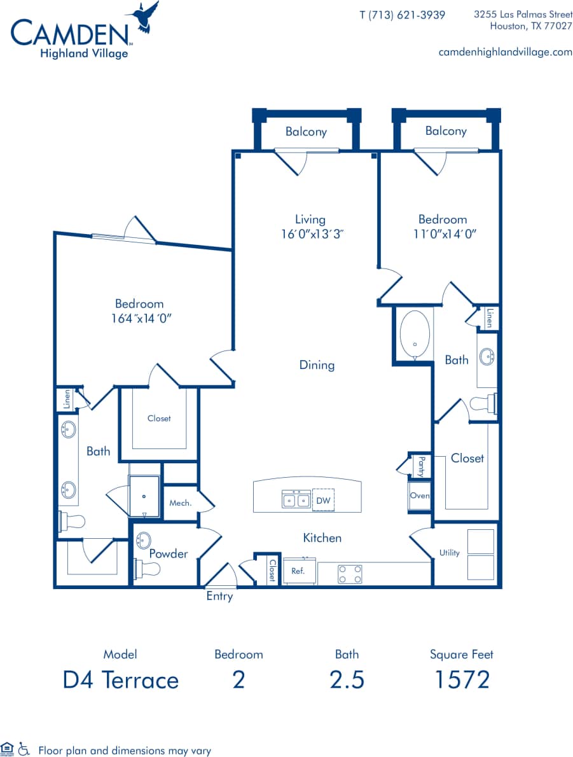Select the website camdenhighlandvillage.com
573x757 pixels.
(x=505, y=52)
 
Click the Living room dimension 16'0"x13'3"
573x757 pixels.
(x=310, y=233)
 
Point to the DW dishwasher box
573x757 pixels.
(x=324, y=501)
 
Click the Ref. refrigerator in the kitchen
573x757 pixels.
(x=298, y=571)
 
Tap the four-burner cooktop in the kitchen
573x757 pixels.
(x=349, y=574)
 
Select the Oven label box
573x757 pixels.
(x=420, y=496)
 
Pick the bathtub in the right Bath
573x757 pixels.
(x=415, y=335)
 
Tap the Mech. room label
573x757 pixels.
(x=180, y=503)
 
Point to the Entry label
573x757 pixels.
(x=219, y=597)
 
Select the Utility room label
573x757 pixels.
(x=449, y=553)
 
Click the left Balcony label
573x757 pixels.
(x=306, y=132)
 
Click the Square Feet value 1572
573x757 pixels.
(x=461, y=679)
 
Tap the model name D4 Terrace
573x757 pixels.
(x=120, y=679)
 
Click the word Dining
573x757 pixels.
(x=317, y=365)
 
